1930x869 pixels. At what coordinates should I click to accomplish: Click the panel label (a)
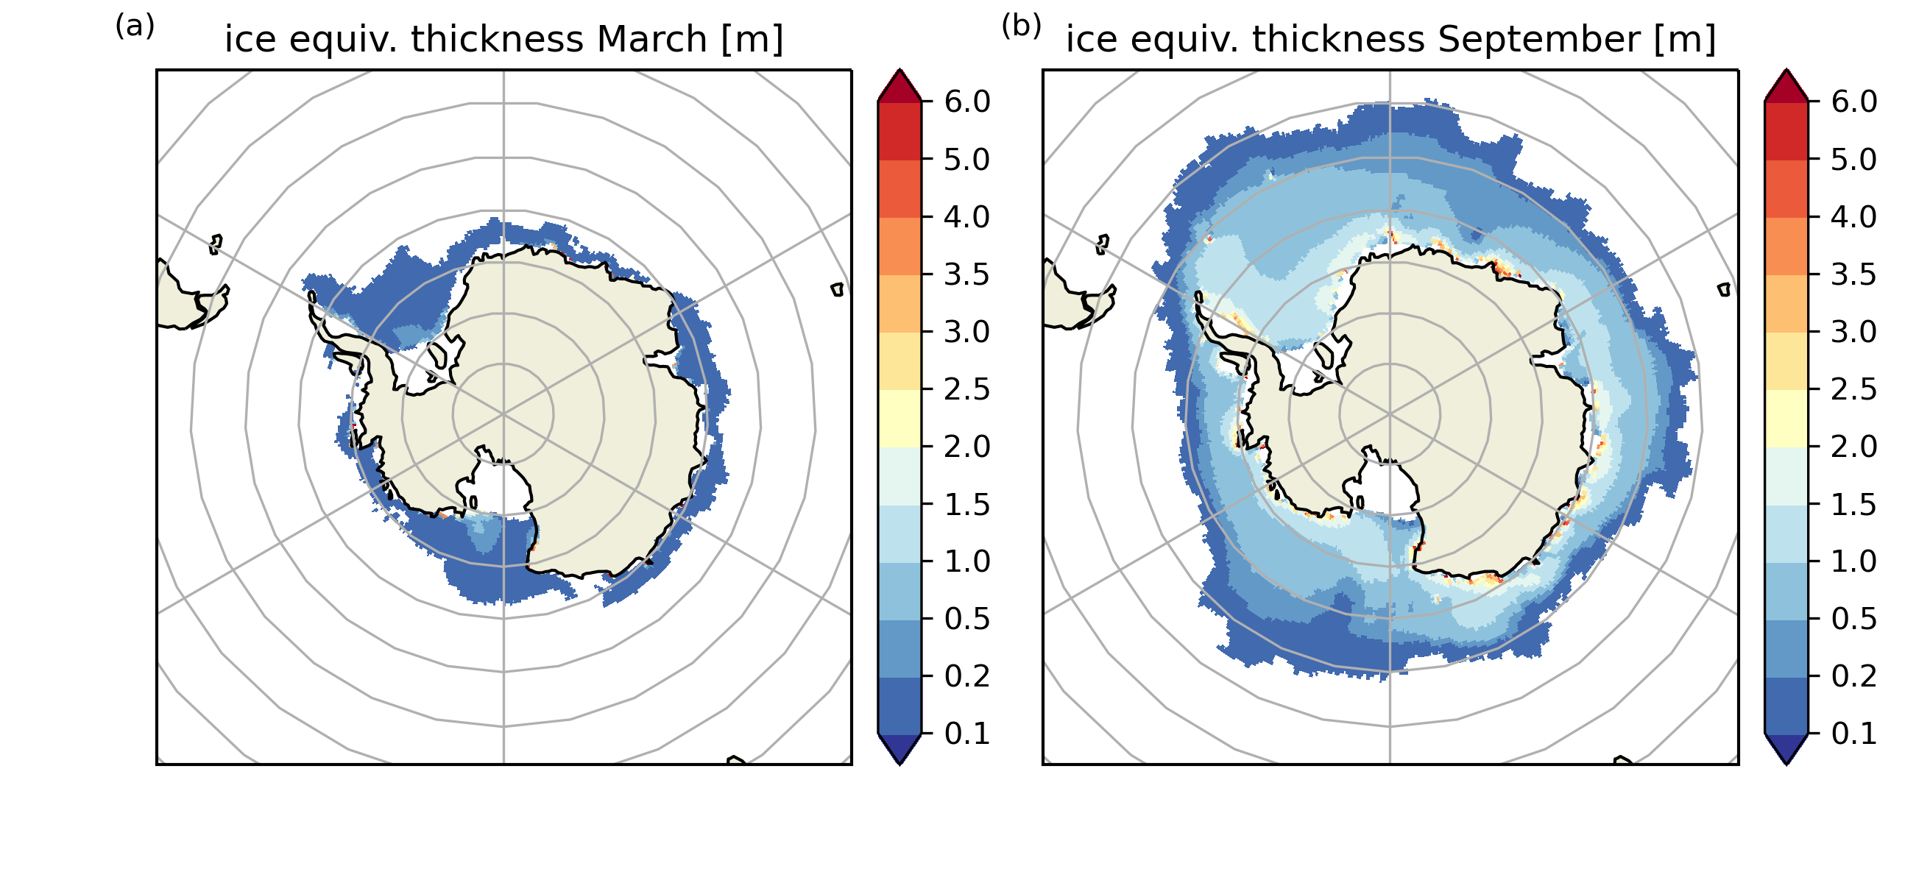click(x=135, y=26)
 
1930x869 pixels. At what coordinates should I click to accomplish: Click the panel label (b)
click(x=1021, y=26)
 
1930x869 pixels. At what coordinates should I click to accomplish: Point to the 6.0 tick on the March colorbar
click(x=967, y=101)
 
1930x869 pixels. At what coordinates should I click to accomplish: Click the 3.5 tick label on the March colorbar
click(x=967, y=274)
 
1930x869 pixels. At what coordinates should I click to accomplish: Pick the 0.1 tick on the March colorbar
click(x=967, y=734)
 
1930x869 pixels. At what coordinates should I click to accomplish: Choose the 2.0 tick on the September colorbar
click(x=1854, y=447)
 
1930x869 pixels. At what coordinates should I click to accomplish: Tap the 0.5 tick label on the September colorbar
click(x=1854, y=619)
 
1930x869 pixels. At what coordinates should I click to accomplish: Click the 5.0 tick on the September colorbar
click(x=1854, y=159)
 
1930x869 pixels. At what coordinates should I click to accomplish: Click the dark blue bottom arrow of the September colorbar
click(x=1787, y=748)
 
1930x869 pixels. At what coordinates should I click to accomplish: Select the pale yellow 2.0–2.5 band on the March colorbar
click(x=899, y=418)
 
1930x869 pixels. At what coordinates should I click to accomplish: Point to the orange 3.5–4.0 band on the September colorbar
click(x=1787, y=246)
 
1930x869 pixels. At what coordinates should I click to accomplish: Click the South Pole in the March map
click(x=503, y=414)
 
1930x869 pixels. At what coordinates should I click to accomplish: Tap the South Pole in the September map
click(x=1390, y=414)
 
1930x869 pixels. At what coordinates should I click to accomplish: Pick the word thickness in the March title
click(x=496, y=39)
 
